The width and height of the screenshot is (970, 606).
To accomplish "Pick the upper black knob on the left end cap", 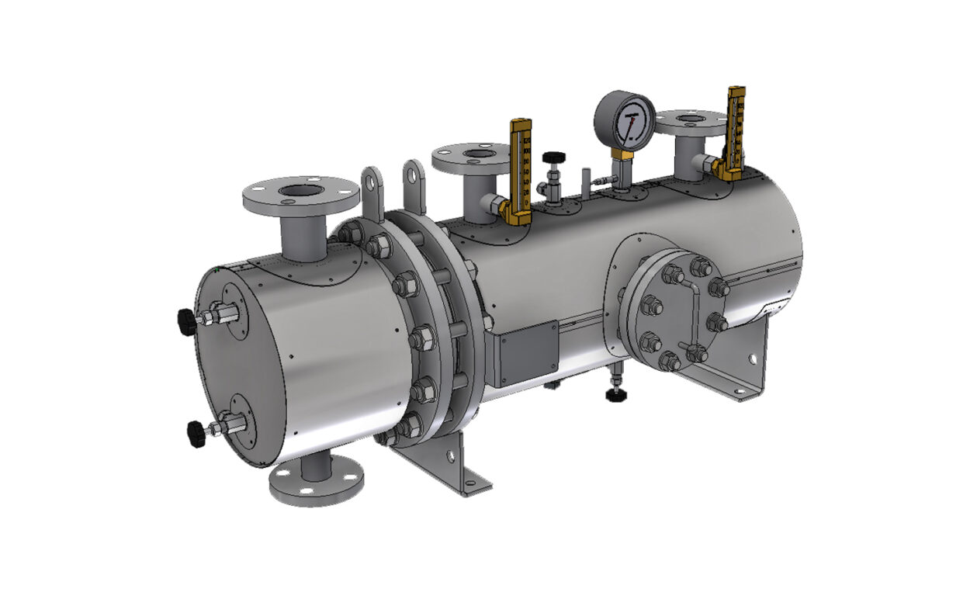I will click(186, 320).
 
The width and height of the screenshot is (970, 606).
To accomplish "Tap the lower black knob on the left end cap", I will click(196, 432).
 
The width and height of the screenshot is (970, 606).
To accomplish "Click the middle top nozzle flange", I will click(471, 158).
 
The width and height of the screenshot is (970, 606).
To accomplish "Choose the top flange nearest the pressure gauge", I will click(690, 122).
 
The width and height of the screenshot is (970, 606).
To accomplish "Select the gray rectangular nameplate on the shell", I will click(528, 352).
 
